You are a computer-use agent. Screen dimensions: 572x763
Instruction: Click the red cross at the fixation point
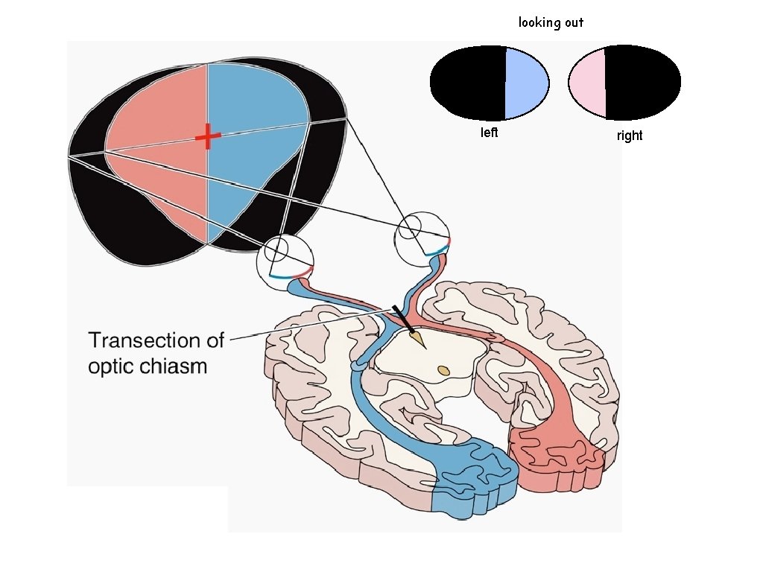pos(208,136)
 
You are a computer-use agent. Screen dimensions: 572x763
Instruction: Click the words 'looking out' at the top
pos(551,22)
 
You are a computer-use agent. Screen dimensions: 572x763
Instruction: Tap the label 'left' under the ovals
pos(489,133)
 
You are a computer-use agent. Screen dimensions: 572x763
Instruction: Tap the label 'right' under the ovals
pos(629,136)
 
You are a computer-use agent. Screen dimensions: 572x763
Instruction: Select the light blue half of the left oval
pos(526,82)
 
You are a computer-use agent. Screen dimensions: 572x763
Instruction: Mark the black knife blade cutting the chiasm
pos(402,319)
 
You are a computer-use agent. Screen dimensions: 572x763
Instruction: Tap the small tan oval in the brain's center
pos(444,369)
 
